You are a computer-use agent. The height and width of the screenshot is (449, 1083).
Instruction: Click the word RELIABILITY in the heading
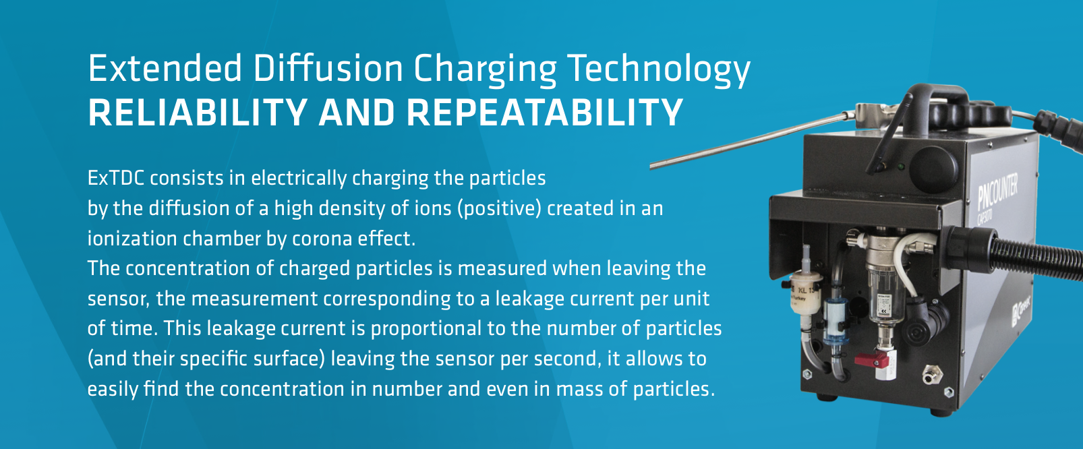198,113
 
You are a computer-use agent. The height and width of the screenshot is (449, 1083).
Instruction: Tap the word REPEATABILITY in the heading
544,113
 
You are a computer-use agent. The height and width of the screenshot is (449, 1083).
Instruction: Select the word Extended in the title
165,68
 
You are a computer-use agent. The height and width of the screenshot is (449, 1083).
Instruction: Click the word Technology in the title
659,71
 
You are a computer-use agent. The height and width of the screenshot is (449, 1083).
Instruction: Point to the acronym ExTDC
116,179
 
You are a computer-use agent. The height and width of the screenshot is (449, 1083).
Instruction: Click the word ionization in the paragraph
132,239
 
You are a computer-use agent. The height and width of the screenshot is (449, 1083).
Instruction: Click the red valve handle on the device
872,359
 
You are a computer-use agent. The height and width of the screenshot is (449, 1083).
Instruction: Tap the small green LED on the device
900,167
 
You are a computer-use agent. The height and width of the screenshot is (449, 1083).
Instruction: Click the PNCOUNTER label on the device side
997,189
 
